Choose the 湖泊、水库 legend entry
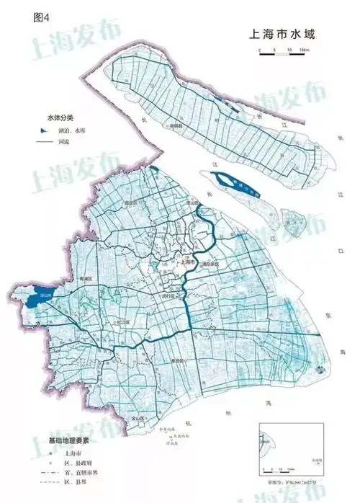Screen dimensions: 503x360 coord(69,132)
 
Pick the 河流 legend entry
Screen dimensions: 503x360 coord(66,143)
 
